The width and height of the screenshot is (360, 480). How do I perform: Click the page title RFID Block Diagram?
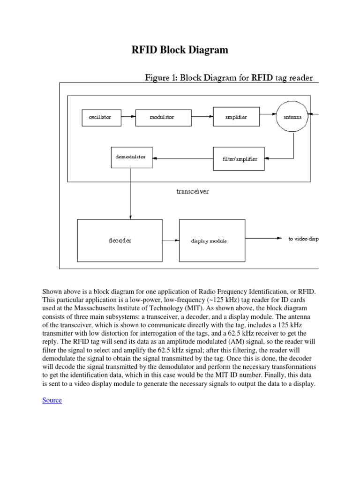tap(180, 50)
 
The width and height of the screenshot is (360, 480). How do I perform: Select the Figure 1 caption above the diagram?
tap(228, 77)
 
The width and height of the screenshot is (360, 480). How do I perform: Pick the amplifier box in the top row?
tap(236, 117)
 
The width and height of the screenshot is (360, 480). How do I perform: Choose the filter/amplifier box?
tap(239, 159)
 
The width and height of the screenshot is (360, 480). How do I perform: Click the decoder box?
tap(120, 240)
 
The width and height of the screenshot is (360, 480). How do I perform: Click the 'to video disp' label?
tap(303, 239)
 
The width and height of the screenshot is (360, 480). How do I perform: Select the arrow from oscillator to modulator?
tap(128, 117)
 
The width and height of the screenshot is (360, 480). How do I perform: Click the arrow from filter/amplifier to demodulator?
tap(183, 158)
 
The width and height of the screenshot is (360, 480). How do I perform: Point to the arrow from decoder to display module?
tap(171, 240)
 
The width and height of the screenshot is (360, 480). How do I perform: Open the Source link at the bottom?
tap(52, 400)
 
